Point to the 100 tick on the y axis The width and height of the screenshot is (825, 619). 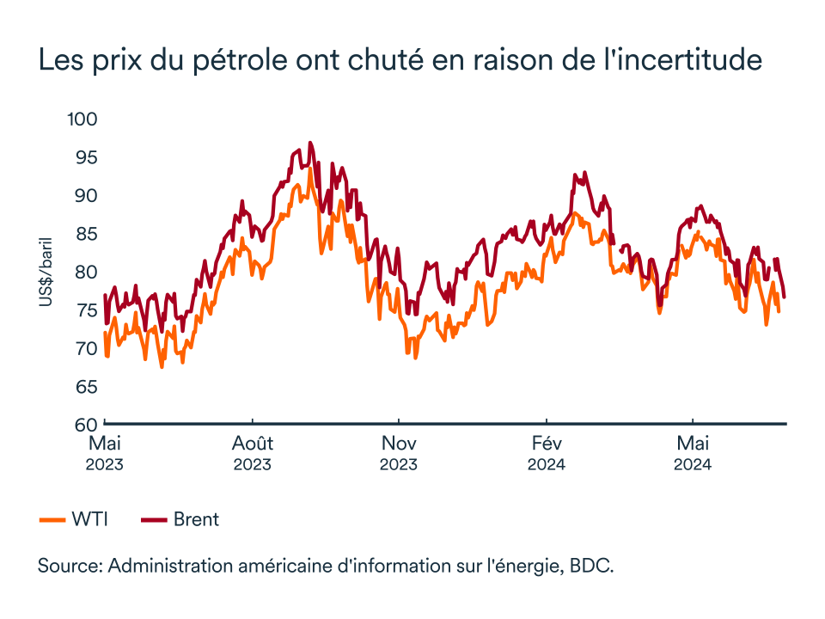83,119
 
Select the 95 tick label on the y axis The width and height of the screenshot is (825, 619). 85,157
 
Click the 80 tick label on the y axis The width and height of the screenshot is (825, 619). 85,272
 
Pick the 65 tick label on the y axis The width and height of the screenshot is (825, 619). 85,387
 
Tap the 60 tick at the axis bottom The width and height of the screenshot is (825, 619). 85,425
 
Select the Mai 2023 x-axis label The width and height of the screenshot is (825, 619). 105,453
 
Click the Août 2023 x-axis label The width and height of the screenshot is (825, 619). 252,453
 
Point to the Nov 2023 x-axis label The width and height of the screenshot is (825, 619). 399,453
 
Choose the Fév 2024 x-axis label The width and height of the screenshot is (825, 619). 547,453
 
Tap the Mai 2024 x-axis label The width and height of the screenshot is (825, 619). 693,453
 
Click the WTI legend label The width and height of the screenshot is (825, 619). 90,519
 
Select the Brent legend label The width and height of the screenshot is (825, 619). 196,519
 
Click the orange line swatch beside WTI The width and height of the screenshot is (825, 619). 52,519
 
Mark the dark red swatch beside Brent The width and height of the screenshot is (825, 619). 154,519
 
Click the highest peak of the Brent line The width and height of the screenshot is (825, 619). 310,144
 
